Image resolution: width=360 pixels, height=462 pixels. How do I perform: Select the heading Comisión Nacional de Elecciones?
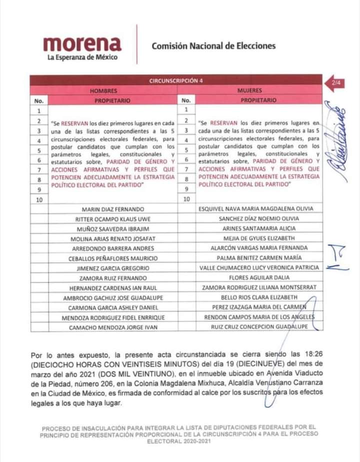(213, 46)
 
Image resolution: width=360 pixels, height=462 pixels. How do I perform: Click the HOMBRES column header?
(103, 91)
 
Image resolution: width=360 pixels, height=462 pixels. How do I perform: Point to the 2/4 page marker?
(335, 82)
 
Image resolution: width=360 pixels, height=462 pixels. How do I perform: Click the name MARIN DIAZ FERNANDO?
(112, 208)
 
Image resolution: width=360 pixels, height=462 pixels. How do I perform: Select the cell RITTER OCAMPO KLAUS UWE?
(112, 219)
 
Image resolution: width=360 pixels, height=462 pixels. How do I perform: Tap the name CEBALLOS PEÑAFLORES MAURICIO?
(112, 258)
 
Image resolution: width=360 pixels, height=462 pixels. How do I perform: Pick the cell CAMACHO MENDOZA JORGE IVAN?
(112, 327)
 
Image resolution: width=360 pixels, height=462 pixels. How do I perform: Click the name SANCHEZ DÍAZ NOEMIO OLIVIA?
(258, 218)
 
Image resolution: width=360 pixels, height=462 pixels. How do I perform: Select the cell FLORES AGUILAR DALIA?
(258, 278)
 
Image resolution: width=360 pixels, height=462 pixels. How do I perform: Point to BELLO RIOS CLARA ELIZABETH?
(258, 297)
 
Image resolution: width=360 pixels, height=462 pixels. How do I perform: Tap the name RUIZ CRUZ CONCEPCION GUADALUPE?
(258, 327)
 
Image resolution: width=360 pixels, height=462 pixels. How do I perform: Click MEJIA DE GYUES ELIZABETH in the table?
(258, 238)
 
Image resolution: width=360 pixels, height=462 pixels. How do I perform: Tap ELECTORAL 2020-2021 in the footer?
(179, 441)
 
